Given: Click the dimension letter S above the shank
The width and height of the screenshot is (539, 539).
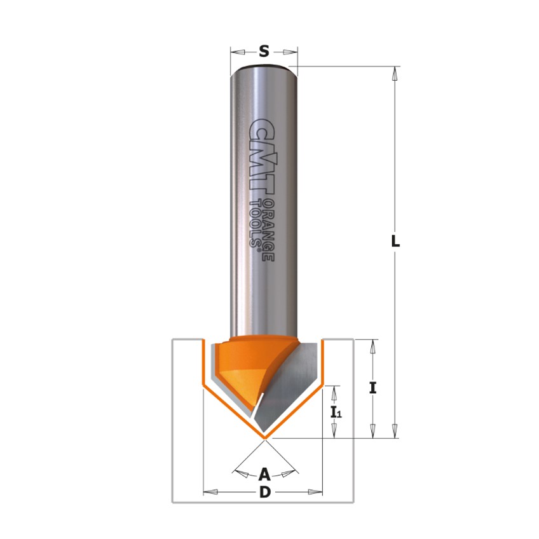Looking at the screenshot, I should click(264, 52).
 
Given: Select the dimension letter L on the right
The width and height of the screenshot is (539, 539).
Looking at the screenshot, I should click(395, 241).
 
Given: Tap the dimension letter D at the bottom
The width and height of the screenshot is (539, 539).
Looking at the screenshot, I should click(265, 492).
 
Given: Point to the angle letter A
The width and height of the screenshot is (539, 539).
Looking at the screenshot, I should click(265, 474).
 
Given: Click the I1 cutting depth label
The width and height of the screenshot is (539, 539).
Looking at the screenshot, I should click(336, 412).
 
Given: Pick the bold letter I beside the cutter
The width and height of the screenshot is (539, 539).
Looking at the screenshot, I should click(373, 388).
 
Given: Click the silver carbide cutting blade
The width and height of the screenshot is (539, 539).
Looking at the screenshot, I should click(289, 388).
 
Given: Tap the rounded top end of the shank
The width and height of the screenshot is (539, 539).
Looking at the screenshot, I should click(264, 66).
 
